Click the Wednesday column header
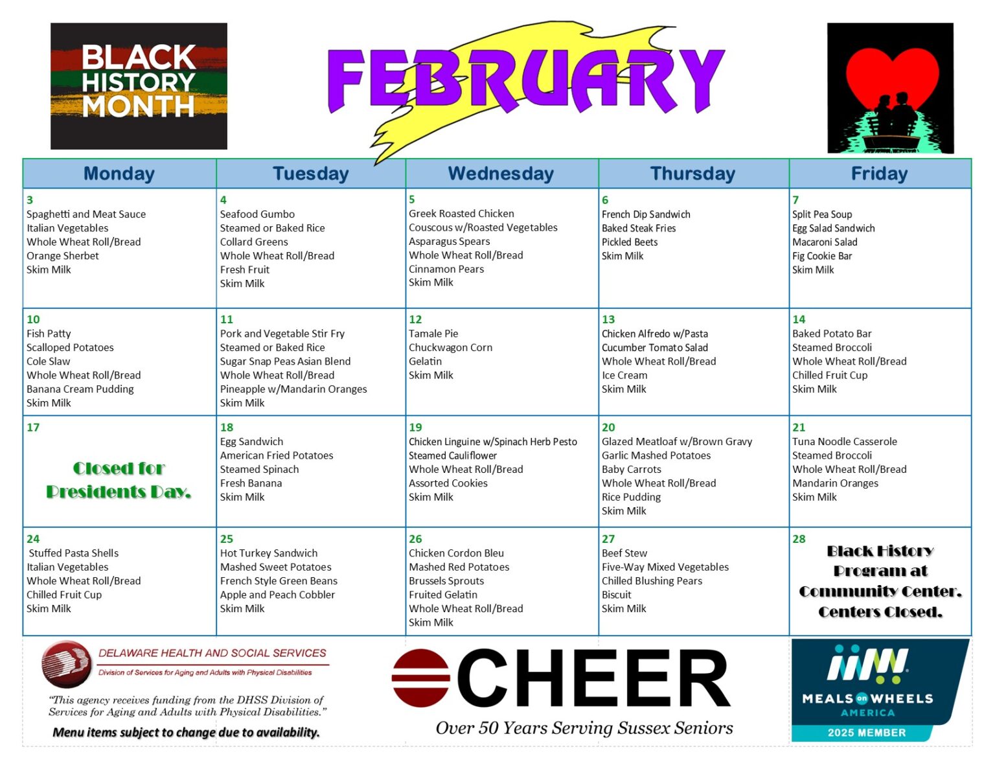[x=501, y=174]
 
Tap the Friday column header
[x=879, y=174]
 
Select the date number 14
[x=799, y=319]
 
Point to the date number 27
[x=608, y=539]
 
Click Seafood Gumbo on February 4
[x=257, y=214]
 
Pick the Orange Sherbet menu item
[x=63, y=256]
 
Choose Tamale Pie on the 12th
[x=433, y=334]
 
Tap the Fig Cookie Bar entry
[x=822, y=257]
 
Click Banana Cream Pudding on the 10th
[x=80, y=389]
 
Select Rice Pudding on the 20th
[x=631, y=498]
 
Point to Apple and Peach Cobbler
[x=277, y=595]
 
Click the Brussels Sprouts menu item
[x=446, y=581]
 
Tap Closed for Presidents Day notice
[x=119, y=480]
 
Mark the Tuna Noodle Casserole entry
[x=844, y=442]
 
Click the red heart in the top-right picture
[x=892, y=76]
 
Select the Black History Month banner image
[x=139, y=86]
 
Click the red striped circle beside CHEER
[x=421, y=678]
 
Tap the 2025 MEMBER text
[x=866, y=733]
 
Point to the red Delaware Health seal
[x=66, y=664]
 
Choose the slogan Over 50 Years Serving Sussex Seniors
[x=584, y=728]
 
